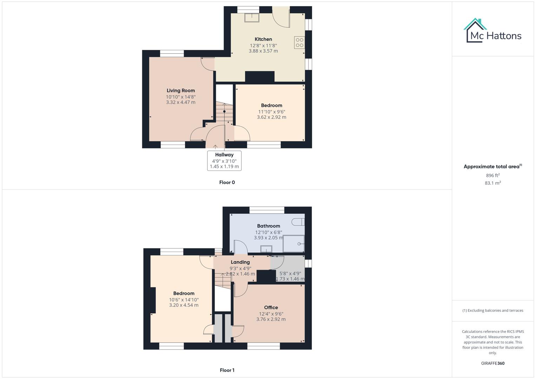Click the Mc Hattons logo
tap(492, 31)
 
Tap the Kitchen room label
tap(263, 39)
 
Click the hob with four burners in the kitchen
tap(299, 42)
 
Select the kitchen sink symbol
tap(252, 17)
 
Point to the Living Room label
tap(181, 91)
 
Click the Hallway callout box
tap(224, 161)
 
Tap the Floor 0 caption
tap(227, 182)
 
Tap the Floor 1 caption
tap(227, 370)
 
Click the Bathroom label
tap(269, 226)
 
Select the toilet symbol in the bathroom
tap(299, 222)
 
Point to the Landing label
tap(240, 262)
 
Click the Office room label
tap(271, 307)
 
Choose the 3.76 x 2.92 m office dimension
tap(271, 319)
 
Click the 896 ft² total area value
tap(493, 175)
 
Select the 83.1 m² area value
tap(493, 183)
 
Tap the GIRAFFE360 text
tap(493, 363)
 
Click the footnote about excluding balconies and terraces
tap(493, 311)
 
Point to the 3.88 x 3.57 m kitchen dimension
tap(263, 51)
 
